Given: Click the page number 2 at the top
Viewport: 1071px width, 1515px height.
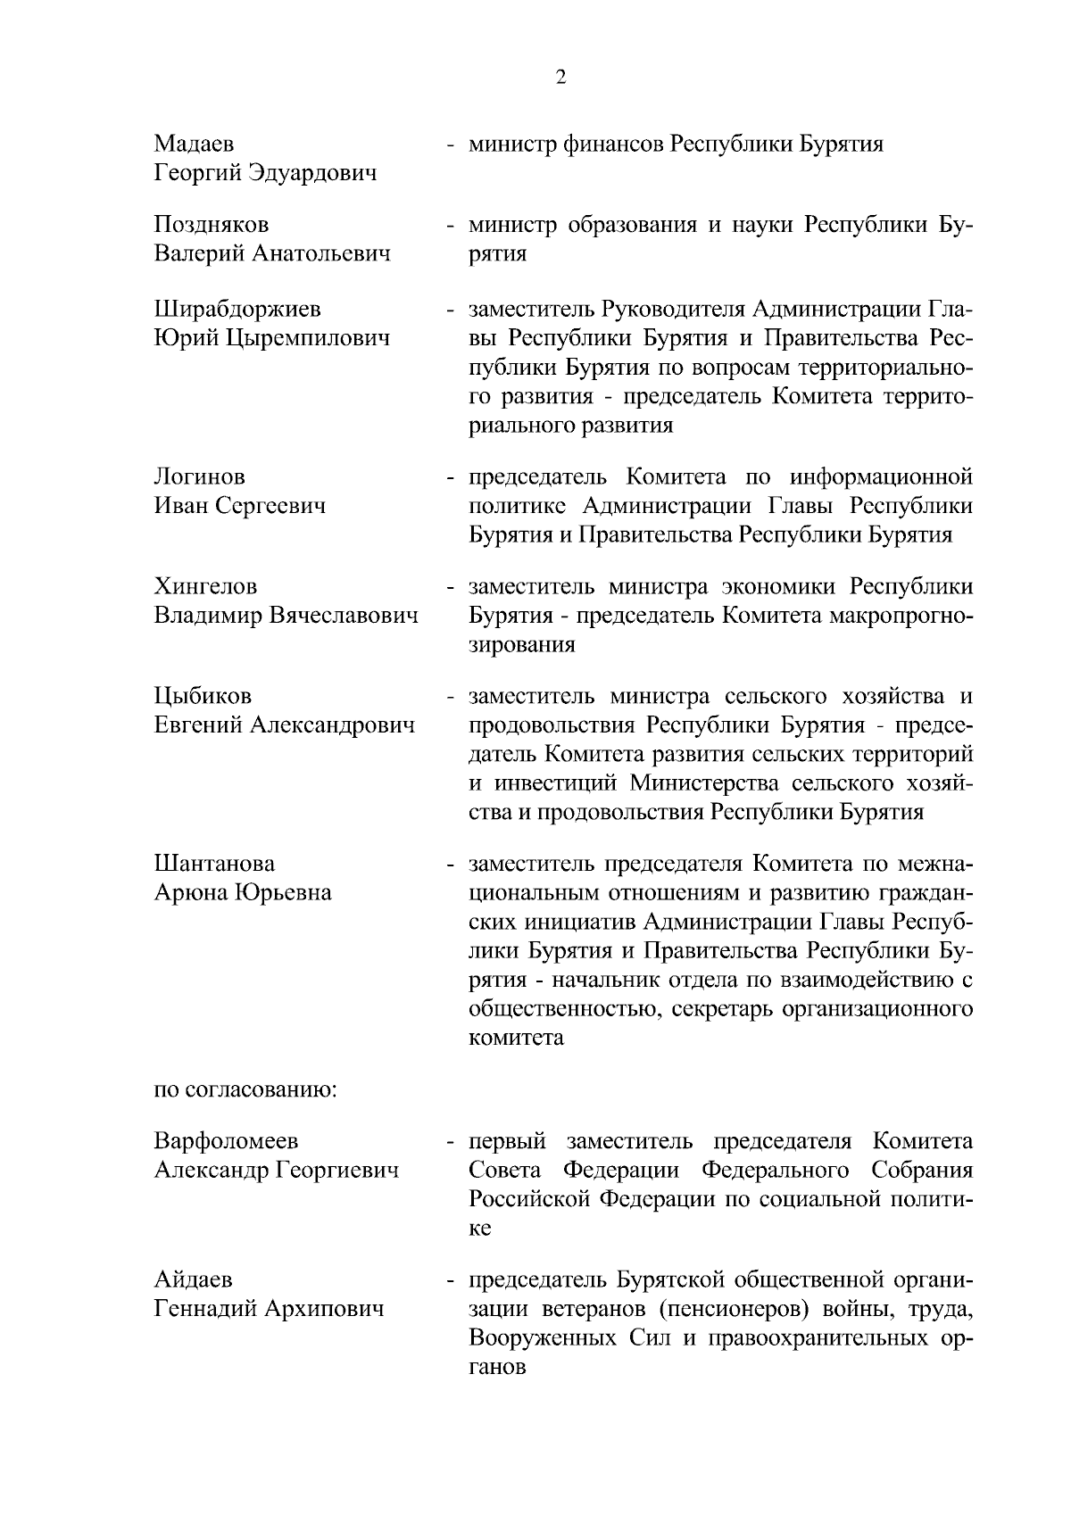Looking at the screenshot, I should [x=560, y=78].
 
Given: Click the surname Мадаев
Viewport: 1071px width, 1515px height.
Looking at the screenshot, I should [x=195, y=144].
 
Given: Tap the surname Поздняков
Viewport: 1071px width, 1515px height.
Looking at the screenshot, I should [x=212, y=225].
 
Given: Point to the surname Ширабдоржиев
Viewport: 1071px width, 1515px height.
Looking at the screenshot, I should [x=237, y=310].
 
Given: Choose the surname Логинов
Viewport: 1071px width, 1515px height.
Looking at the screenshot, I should [x=199, y=477].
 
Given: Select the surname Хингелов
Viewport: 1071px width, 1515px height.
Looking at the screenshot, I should [x=205, y=587].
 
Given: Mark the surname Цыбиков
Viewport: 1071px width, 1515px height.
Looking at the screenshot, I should [x=203, y=696].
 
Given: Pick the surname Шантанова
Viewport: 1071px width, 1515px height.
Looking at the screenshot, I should [x=214, y=864].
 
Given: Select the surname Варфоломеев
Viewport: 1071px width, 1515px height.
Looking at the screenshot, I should [x=226, y=1141].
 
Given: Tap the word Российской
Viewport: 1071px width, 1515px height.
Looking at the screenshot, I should [x=529, y=1199].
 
